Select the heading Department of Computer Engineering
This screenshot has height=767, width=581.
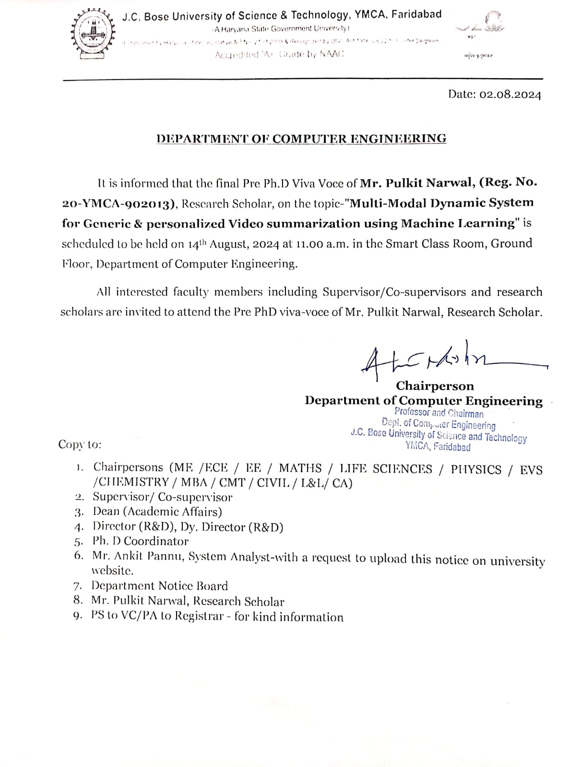[301, 139]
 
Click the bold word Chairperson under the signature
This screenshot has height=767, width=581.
[435, 386]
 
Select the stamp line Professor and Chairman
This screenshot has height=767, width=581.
[439, 413]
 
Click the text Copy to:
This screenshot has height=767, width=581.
[80, 444]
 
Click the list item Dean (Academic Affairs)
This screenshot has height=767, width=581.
[157, 512]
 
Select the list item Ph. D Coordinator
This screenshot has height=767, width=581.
[141, 541]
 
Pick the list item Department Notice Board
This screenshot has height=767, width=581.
[159, 586]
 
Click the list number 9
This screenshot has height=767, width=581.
[78, 616]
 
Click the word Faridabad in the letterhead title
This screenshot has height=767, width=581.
[416, 14]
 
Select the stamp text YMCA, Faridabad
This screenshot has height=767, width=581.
[438, 447]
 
